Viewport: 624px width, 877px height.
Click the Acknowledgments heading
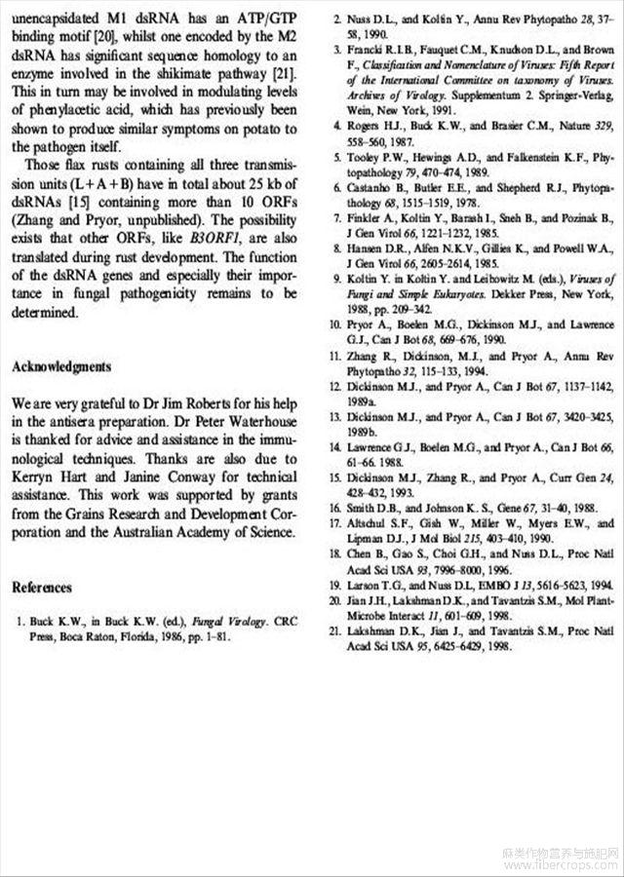61,366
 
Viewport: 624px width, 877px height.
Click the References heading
42,588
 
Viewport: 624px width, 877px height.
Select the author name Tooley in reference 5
366,155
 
